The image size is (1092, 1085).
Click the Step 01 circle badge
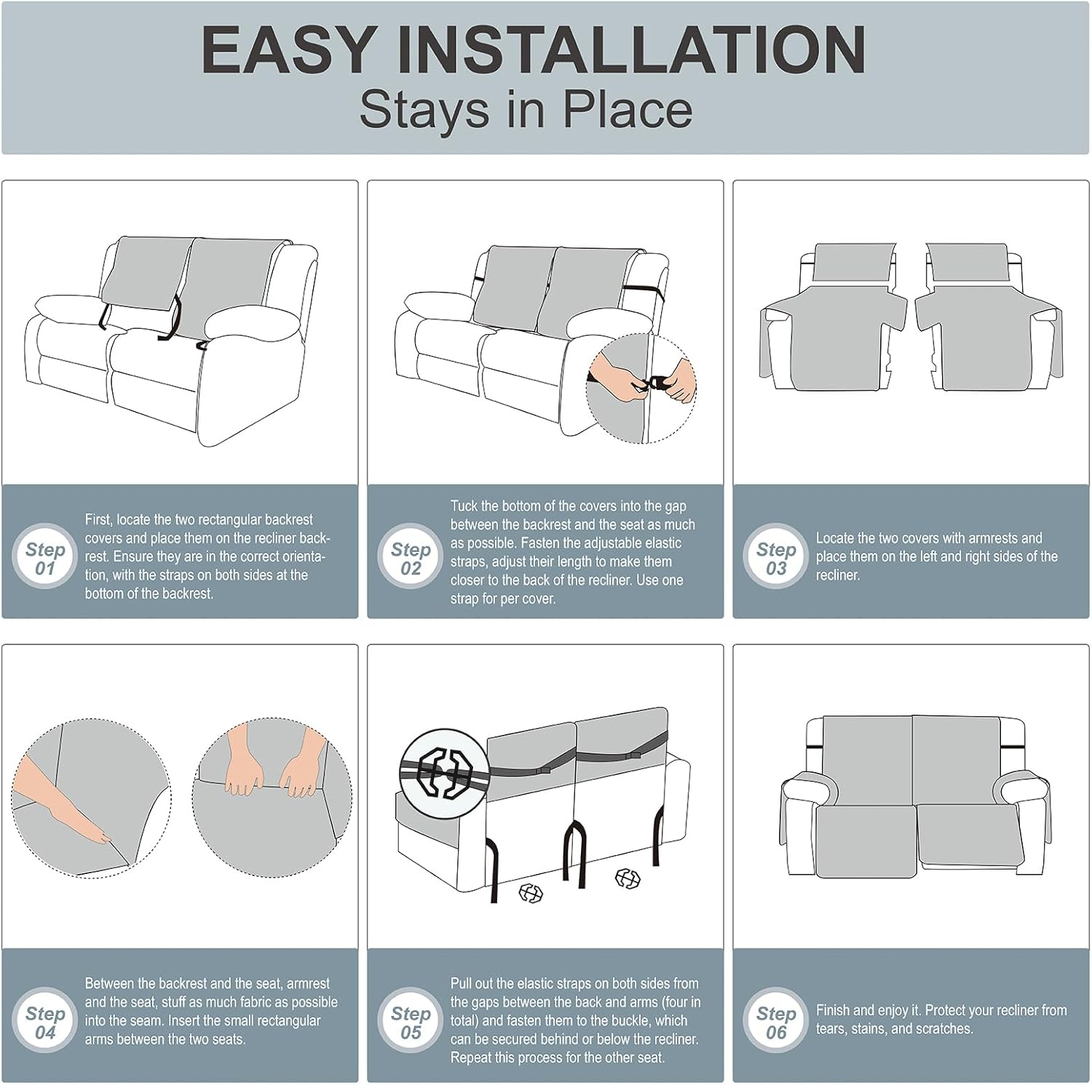tap(45, 557)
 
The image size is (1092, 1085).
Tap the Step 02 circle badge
tap(411, 557)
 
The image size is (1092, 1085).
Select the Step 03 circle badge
tap(776, 557)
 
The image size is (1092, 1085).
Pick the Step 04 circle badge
tap(45, 1021)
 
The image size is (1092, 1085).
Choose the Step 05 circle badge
tap(411, 1021)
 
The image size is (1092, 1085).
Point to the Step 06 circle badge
tap(776, 1021)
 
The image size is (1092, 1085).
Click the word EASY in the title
tap(288, 49)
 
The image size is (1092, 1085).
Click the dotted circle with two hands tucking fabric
tap(272, 798)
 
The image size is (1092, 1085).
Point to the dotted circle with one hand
tap(92, 798)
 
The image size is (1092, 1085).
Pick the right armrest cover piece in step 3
tap(989, 317)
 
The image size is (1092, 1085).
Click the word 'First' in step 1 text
tap(98, 520)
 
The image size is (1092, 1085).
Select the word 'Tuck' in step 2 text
tap(464, 506)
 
